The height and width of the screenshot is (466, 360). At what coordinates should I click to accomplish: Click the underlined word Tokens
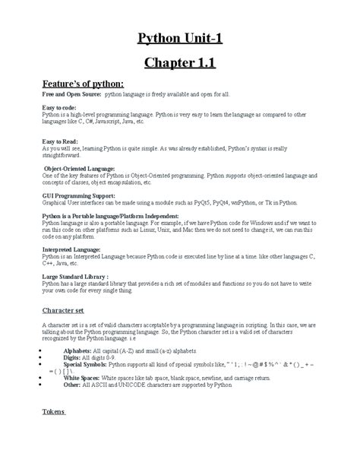coord(54,412)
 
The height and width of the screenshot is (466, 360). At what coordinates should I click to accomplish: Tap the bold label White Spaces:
coord(81,377)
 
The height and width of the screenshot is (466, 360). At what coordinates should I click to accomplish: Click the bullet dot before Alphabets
coord(39,351)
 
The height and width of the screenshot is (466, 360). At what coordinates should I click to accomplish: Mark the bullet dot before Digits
coord(39,358)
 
